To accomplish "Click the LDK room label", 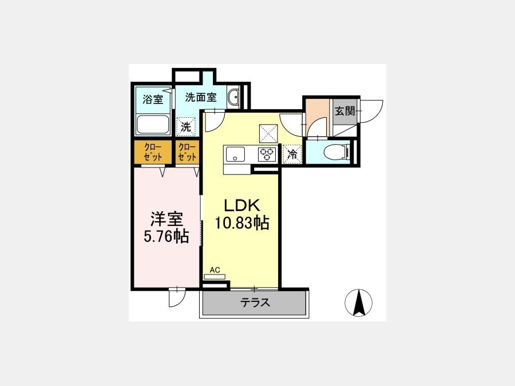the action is (242, 205).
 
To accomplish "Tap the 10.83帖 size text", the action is (242, 223).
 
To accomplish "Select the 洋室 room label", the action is (167, 219).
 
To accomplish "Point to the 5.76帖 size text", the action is (167, 236).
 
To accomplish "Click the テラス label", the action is (255, 302).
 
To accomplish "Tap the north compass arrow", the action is (358, 303).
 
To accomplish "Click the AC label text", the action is (215, 270).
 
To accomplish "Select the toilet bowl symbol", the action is (335, 153).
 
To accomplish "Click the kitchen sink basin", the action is (235, 154).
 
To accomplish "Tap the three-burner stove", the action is (267, 154).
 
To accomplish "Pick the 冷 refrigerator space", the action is (292, 154).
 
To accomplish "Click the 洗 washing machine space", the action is (186, 127).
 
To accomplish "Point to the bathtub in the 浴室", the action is (153, 125).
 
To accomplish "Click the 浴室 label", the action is (153, 99).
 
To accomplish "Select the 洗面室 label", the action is (201, 97).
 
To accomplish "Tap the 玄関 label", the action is (345, 111).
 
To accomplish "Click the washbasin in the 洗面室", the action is (233, 97).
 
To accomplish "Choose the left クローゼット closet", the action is (153, 152).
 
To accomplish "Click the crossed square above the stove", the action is (268, 133).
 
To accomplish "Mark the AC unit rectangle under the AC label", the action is (215, 277).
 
